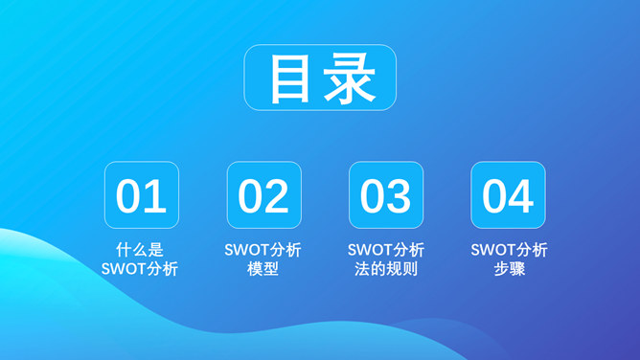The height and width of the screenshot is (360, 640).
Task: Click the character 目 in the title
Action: coord(290,79)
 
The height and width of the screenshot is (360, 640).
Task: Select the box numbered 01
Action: coord(142,195)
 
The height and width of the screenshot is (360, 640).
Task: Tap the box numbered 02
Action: coord(263,195)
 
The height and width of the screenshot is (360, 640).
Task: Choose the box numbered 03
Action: coord(386,195)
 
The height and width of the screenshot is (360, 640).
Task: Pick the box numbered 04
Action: coord(508,195)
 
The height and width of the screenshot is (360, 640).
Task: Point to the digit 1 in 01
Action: coord(156,196)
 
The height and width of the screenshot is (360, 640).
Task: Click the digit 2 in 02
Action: coord(277,196)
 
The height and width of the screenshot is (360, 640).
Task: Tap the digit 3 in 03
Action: coord(400,196)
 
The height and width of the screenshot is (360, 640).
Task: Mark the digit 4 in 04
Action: coord(521,196)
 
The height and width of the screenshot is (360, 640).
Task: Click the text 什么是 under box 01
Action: coord(140,250)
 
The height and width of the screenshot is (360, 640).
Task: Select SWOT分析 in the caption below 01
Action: coord(140,269)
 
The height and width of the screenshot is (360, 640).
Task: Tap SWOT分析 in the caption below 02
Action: coord(263,250)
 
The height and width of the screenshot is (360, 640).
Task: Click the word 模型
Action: coord(263,269)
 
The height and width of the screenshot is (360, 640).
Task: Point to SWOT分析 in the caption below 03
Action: coord(385,250)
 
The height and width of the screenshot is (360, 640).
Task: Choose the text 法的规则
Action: coord(385,269)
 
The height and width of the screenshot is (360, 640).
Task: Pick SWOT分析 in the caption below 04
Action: coord(509,250)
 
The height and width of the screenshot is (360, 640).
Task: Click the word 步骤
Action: coord(509,269)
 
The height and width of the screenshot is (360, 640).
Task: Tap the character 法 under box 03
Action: coord(362,269)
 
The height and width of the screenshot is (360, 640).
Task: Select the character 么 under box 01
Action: coord(140,250)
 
